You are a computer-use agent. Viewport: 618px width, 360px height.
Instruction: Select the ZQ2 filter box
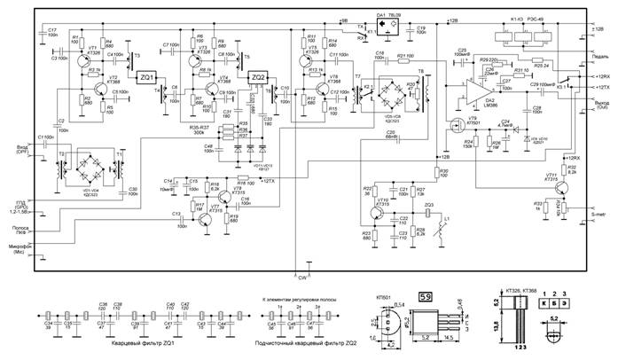[x=258, y=77]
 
